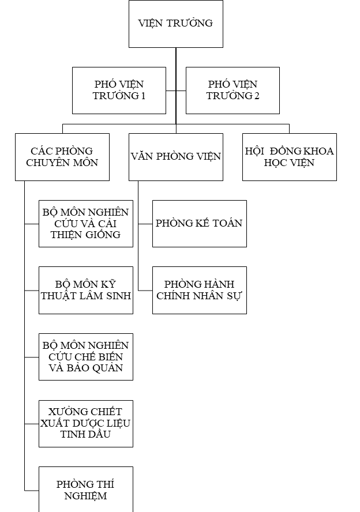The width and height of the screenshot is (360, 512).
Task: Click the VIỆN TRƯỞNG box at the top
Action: click(176, 24)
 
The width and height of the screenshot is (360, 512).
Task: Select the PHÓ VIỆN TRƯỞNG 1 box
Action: click(119, 91)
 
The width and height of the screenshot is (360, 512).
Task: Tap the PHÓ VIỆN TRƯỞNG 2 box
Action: click(232, 91)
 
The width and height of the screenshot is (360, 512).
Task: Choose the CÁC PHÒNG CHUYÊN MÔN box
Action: click(62, 157)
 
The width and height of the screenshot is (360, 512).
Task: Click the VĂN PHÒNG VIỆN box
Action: click(176, 157)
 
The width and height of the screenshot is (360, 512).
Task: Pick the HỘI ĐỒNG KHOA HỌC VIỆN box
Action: click(289, 157)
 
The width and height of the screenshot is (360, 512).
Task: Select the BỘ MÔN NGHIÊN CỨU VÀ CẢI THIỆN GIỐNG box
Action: click(86, 224)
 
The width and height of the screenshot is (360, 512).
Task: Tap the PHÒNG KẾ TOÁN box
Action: click(200, 224)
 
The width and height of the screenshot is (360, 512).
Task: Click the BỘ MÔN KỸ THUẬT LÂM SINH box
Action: click(86, 290)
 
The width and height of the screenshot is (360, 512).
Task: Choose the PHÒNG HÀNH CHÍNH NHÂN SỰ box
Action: click(200, 290)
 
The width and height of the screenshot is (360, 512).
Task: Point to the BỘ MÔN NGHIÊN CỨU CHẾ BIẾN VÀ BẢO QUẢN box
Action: click(86, 357)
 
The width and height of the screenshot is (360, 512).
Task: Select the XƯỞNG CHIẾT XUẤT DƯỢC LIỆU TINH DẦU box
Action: click(86, 423)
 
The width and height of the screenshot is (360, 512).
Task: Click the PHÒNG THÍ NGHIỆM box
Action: click(86, 489)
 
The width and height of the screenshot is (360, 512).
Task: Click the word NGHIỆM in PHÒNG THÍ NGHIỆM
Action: click(86, 496)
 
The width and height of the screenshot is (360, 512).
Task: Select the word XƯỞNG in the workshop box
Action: click(65, 412)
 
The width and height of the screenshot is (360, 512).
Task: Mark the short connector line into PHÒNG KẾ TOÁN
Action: click(145, 224)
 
